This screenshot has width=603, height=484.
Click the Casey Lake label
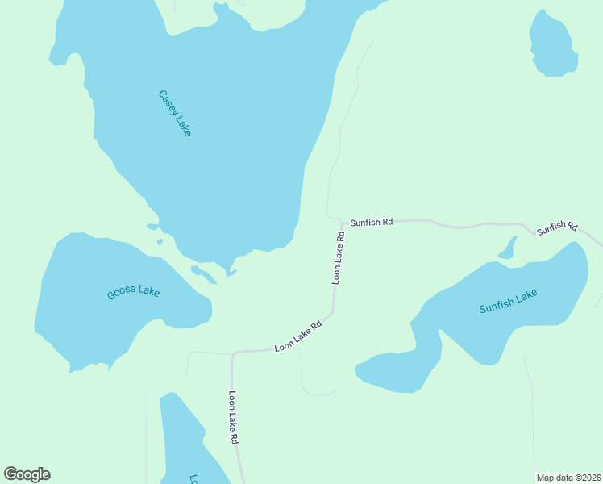[175, 113]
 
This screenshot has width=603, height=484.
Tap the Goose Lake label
[133, 292]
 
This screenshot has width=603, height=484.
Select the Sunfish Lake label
[508, 302]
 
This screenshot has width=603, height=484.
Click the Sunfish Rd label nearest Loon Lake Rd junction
[371, 221]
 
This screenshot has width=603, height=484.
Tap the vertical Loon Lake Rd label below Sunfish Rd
[339, 257]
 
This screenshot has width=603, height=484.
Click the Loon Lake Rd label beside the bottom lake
[233, 418]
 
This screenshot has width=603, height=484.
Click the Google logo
[27, 474]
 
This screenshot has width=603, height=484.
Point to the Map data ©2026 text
[568, 478]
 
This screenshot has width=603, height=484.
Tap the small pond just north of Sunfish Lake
[508, 248]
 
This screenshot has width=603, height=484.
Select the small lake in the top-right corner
[552, 45]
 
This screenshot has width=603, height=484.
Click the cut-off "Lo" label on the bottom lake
[193, 478]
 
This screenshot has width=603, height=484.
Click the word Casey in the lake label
[167, 102]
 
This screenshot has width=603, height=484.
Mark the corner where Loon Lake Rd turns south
[234, 355]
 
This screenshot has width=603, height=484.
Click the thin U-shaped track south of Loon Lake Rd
[318, 393]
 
